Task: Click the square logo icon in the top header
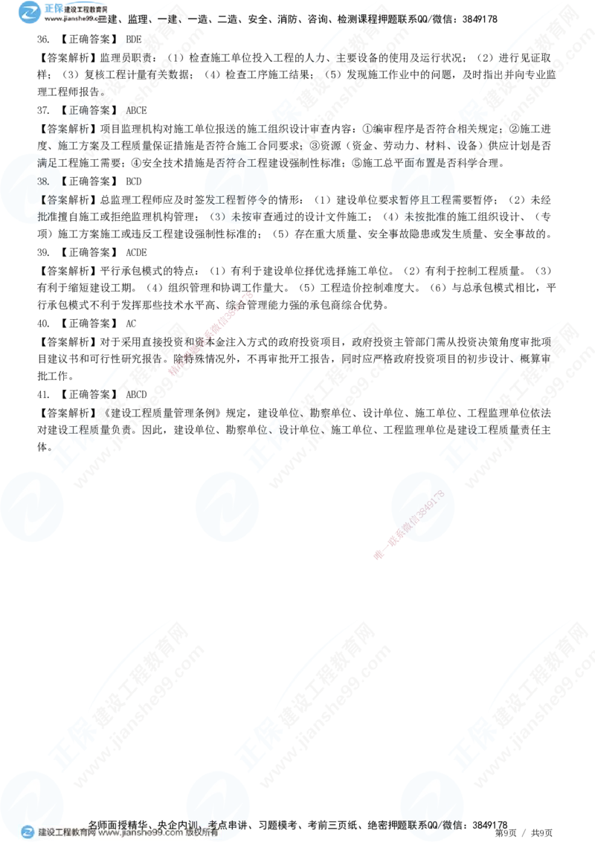(29, 11)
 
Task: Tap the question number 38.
(43, 181)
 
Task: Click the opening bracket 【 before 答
(41, 199)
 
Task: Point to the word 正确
(77, 109)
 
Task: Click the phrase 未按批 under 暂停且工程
(421, 217)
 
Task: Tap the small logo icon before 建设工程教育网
(28, 833)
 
